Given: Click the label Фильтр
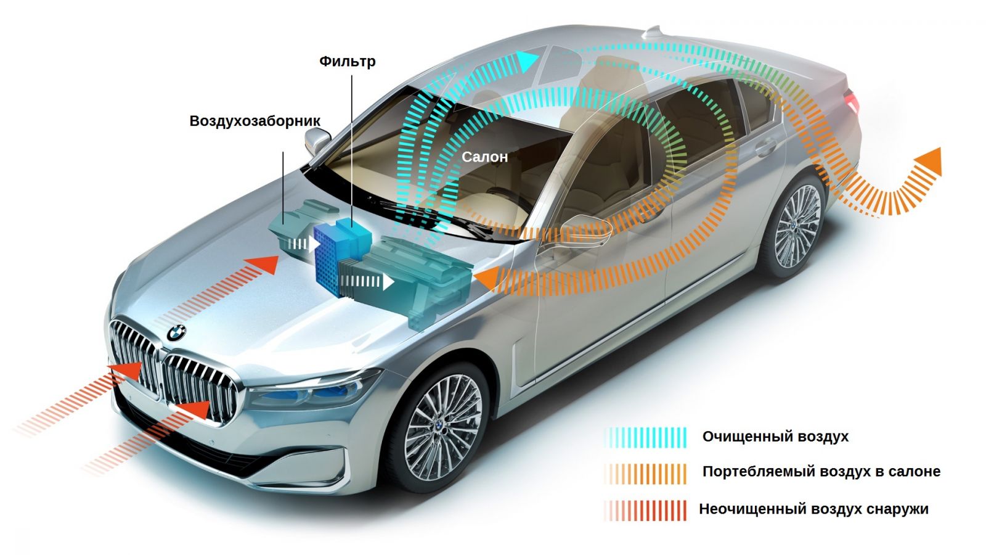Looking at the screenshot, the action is (348, 62).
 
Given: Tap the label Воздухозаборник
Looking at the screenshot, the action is (255, 121).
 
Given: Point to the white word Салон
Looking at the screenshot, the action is (484, 157).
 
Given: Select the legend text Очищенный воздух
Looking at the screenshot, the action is (775, 437).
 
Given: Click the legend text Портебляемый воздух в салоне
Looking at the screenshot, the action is (821, 472).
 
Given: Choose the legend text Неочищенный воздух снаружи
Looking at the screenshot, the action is (814, 509).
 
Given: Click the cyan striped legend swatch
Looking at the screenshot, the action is (646, 437).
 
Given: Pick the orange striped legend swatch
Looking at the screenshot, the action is (646, 474).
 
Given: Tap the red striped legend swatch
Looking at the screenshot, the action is (646, 511).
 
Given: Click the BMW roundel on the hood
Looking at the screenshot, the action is (176, 332).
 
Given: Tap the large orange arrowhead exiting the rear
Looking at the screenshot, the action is (928, 163).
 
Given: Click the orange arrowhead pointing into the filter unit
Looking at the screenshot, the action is (487, 279).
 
